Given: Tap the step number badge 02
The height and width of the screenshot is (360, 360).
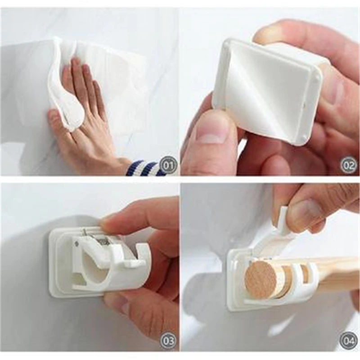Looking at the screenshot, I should [349, 165].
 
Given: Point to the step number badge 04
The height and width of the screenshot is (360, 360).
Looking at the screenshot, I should [349, 340].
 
